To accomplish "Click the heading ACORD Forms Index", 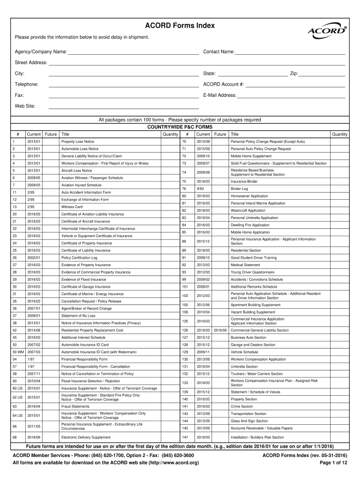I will pos(180,26).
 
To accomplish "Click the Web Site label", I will pos(25,106).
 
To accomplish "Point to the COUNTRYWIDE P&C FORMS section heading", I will pos(180,127).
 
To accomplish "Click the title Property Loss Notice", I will pos(78,141).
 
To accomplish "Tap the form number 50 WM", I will pos(18,352).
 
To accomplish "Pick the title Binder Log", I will pos(239,189).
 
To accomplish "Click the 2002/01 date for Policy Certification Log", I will pos(34,258).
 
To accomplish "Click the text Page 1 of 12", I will pos(333,463).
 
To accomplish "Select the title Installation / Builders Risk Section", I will pos(257,437).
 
